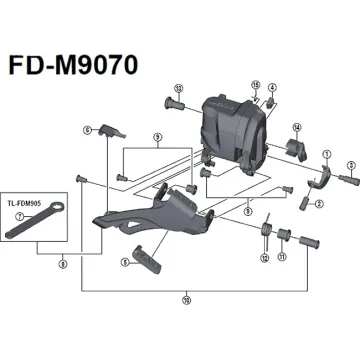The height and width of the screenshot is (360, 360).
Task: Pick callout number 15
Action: pos(255,85)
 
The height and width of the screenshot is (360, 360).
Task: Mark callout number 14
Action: pos(297,127)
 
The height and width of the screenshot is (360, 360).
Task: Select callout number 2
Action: pos(319,202)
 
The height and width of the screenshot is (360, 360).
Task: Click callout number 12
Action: pos(264,257)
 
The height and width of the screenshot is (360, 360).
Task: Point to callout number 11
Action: pos(283,257)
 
